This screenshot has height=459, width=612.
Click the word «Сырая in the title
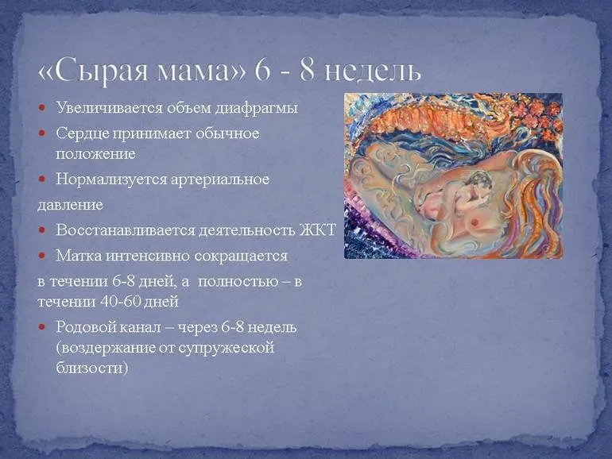[x=101, y=69]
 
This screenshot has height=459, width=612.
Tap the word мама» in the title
[x=208, y=69]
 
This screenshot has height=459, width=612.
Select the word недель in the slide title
[x=368, y=69]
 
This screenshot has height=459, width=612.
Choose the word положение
[x=95, y=152]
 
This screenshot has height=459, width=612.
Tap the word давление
[x=70, y=205]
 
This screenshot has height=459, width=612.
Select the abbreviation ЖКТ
[x=320, y=230]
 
